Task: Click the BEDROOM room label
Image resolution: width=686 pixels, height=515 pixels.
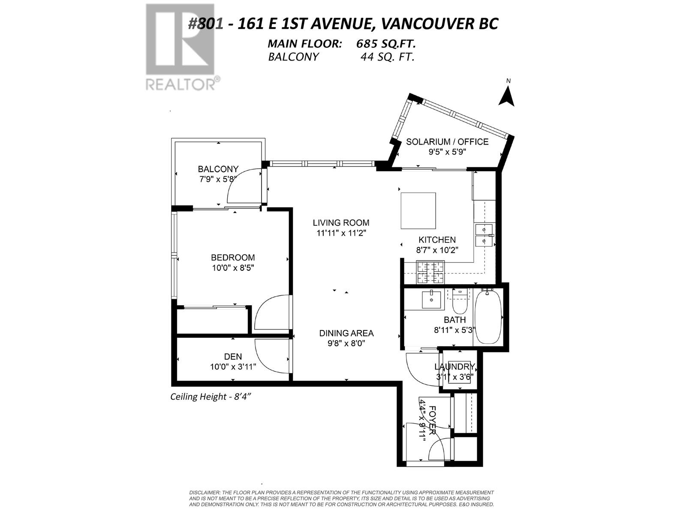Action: tap(233, 257)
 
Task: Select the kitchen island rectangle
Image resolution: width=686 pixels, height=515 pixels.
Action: tap(418, 211)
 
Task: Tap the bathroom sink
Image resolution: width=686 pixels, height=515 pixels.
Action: tap(431, 300)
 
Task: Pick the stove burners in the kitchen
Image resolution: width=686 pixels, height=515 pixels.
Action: tap(430, 273)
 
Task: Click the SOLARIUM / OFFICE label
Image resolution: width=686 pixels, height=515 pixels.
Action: tap(447, 142)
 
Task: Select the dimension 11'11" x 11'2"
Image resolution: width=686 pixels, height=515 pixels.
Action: tap(341, 233)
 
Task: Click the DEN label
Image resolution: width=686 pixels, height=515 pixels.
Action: tap(233, 357)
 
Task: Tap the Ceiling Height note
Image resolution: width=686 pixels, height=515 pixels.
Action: tap(211, 397)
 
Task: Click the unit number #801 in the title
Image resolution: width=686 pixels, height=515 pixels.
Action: tap(205, 24)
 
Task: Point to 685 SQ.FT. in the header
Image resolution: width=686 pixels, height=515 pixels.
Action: tap(385, 44)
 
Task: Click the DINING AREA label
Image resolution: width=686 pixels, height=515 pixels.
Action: tap(346, 333)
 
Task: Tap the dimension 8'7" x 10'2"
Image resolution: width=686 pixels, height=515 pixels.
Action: tap(437, 250)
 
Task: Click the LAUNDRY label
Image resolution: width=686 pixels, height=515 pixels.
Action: tap(455, 367)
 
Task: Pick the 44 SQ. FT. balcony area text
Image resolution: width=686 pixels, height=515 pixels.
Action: tap(388, 57)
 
